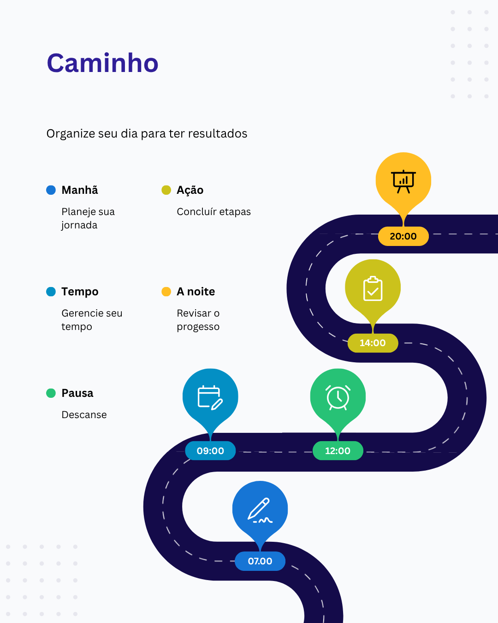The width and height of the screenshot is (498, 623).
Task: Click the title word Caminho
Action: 102,63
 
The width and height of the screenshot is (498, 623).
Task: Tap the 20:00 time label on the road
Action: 403,236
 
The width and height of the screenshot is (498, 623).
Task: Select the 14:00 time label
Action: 373,343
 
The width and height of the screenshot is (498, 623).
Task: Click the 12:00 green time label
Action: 338,451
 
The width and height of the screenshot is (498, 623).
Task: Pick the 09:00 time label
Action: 210,451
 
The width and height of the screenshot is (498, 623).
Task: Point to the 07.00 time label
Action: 260,561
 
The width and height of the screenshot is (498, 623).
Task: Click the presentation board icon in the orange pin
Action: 403,181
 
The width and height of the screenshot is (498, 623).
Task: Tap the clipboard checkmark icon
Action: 373,288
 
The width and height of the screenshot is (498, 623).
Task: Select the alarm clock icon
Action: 338,397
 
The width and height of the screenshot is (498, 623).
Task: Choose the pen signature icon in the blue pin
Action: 260,510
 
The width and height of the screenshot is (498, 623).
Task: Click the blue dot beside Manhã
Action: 51,190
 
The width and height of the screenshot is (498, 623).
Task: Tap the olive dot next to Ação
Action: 166,190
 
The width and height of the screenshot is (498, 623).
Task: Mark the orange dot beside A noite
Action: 166,292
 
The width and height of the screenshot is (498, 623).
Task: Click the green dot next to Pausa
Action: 51,393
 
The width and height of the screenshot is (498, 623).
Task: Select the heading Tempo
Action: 80,292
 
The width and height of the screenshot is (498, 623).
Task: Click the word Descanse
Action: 84,415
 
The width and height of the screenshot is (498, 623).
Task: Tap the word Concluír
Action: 196,212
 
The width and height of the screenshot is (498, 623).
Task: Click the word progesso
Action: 198,327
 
